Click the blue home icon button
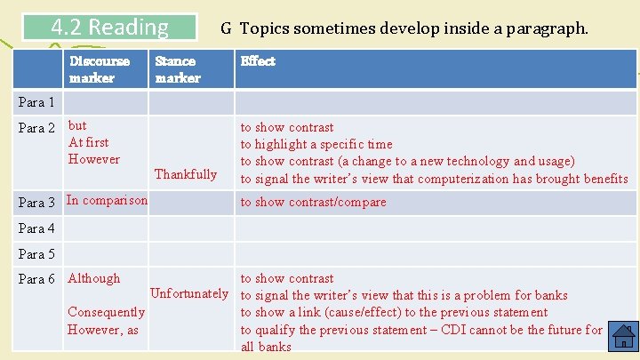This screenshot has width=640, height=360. [x=624, y=337]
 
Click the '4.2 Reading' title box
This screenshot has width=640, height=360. [x=110, y=28]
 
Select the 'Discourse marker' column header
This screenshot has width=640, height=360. [x=99, y=69]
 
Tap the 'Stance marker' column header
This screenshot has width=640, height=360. [x=178, y=69]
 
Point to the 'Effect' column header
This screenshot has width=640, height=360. [x=258, y=61]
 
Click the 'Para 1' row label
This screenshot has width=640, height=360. [x=36, y=102]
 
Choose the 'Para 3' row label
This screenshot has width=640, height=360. [x=36, y=202]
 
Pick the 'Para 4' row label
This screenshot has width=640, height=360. [x=36, y=228]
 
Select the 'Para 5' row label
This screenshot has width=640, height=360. [x=36, y=254]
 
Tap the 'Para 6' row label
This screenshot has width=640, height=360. [x=36, y=279]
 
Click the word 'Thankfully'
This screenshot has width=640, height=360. [x=186, y=174]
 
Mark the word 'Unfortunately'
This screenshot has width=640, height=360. [x=189, y=294]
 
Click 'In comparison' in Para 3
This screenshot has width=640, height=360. [x=107, y=200]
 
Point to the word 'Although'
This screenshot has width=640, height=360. [x=93, y=278]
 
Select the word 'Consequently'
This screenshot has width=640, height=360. [x=106, y=312]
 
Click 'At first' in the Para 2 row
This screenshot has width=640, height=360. [x=88, y=142]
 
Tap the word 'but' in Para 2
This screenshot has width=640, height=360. [x=77, y=125]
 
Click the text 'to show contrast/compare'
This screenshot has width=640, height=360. [x=313, y=202]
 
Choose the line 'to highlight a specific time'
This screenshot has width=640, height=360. [x=316, y=144]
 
